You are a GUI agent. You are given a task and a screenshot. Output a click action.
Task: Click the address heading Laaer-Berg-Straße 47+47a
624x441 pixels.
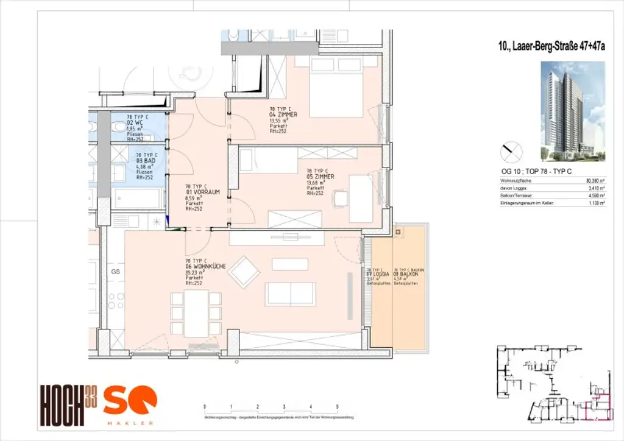pyautogui.click(x=551, y=44)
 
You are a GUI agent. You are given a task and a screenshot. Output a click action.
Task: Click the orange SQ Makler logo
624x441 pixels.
pyautogui.click(x=130, y=405)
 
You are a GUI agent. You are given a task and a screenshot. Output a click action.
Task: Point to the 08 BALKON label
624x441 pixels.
pyautogui.click(x=407, y=274)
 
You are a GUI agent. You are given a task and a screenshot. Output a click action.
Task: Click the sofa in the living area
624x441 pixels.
pyautogui.click(x=291, y=294)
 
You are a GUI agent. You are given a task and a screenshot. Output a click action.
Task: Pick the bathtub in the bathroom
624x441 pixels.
pyautogui.click(x=137, y=198)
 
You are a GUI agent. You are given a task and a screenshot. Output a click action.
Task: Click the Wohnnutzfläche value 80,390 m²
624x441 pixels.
pyautogui.click(x=595, y=182)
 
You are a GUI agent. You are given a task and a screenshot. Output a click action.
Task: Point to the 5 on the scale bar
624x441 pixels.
pyautogui.click(x=337, y=406)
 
